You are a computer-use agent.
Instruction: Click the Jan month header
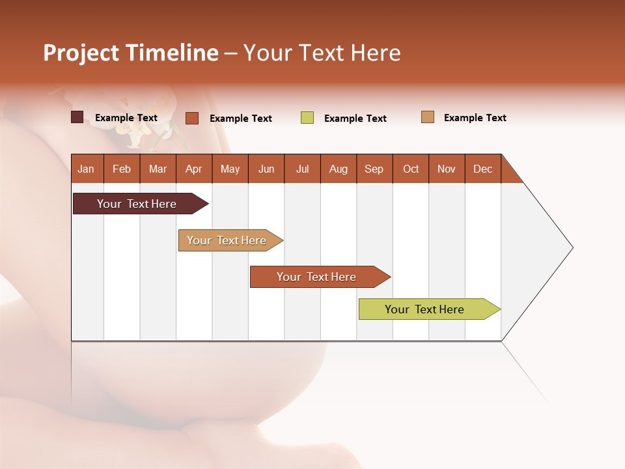86,169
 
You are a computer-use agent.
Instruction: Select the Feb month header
122,169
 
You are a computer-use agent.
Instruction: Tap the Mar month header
158,169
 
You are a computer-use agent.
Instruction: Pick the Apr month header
194,169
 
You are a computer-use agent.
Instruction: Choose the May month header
230,169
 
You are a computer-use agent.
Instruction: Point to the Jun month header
266,169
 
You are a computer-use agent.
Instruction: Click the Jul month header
302,169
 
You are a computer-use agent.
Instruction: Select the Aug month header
339,169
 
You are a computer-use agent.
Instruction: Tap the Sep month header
374,169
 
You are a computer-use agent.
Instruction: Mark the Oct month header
411,169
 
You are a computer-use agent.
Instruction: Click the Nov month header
447,169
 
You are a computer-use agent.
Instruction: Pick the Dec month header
483,169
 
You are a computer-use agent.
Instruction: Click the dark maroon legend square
77,117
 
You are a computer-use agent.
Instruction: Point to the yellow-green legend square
307,118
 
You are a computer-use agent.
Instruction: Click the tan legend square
428,117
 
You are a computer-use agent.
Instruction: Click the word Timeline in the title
172,53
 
